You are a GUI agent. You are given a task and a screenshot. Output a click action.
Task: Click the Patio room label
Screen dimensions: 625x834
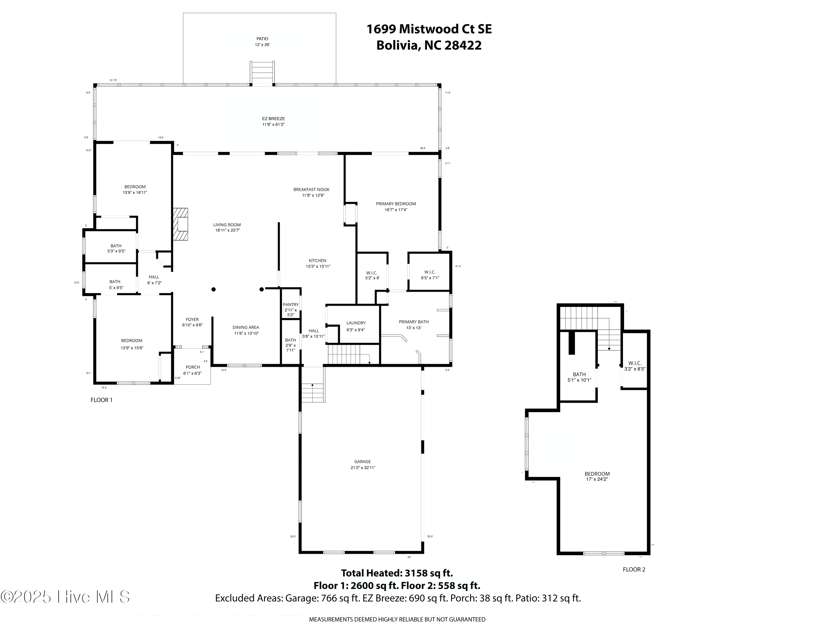tap(262, 39)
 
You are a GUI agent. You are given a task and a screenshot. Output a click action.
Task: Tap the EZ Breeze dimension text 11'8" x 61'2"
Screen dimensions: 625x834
tap(273, 125)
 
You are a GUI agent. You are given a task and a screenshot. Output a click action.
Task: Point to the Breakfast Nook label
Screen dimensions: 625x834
tap(311, 190)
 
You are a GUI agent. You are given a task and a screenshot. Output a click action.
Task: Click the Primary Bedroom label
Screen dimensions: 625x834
tap(396, 204)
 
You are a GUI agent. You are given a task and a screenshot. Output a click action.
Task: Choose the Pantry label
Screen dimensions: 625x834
tap(291, 305)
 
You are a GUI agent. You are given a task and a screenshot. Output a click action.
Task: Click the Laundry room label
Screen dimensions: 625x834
tap(356, 323)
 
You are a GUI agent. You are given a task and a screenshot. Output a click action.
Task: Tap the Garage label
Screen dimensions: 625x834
tap(362, 462)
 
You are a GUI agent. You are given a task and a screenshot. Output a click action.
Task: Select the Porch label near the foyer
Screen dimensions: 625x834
tap(192, 367)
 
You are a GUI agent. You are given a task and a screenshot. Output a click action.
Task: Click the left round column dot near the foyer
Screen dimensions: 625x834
tap(214, 290)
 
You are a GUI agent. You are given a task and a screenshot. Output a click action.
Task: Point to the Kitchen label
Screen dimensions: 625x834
tap(317, 260)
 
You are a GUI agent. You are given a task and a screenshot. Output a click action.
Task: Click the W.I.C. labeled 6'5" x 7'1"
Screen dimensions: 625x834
tap(430, 275)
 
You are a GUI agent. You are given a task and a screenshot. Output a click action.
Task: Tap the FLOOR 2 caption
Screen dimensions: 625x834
tap(634, 570)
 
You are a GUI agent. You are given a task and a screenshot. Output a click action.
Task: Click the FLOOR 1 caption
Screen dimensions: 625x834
tap(101, 400)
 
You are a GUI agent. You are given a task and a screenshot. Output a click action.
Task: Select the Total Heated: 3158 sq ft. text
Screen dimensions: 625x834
tap(397, 573)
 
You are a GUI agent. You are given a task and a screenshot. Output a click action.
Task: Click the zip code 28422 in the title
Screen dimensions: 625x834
tap(463, 46)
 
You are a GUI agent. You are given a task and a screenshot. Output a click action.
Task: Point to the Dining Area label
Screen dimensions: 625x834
tap(245, 328)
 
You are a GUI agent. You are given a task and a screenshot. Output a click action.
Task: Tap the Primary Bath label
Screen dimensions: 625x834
tap(414, 322)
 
